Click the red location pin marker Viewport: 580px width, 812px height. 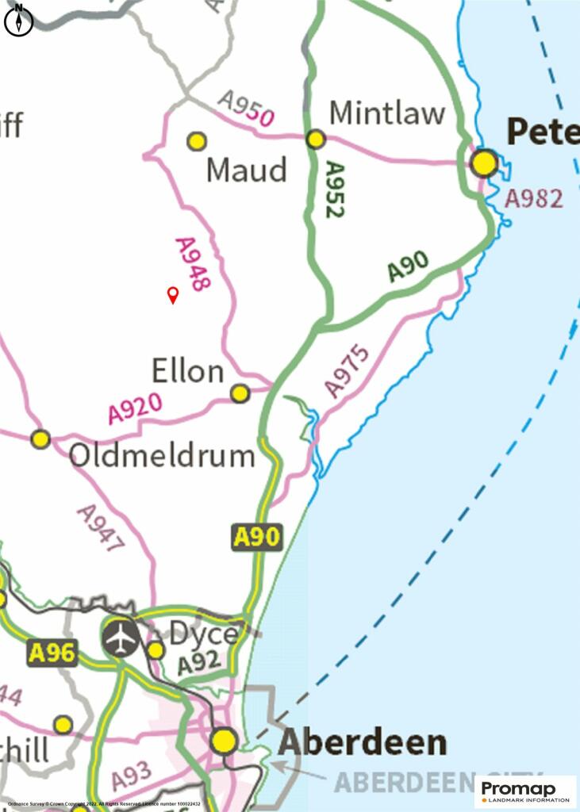pyautogui.click(x=172, y=295)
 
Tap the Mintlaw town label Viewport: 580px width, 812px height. pyautogui.click(x=387, y=113)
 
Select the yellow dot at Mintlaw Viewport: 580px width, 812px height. pyautogui.click(x=316, y=140)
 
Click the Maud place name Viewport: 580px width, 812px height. pyautogui.click(x=246, y=170)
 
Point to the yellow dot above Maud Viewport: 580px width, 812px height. pyautogui.click(x=197, y=141)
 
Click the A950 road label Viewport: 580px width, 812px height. pyautogui.click(x=247, y=109)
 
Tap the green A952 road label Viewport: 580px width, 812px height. pyautogui.click(x=336, y=190)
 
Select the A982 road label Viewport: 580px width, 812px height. pyautogui.click(x=534, y=198)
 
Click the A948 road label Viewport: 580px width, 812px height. pyautogui.click(x=193, y=264)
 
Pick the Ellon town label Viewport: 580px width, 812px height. pyautogui.click(x=188, y=371)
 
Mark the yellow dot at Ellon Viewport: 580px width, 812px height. pyautogui.click(x=240, y=393)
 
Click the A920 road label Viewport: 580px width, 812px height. pyautogui.click(x=135, y=408)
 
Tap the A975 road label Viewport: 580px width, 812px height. pyautogui.click(x=347, y=370)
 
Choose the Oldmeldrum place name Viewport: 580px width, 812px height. pyautogui.click(x=162, y=456)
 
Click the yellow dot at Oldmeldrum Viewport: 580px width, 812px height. pyautogui.click(x=40, y=439)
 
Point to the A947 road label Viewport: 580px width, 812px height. pyautogui.click(x=101, y=529)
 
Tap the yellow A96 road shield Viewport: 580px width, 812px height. pyautogui.click(x=52, y=653)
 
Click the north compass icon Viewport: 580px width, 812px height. pyautogui.click(x=18, y=20)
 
